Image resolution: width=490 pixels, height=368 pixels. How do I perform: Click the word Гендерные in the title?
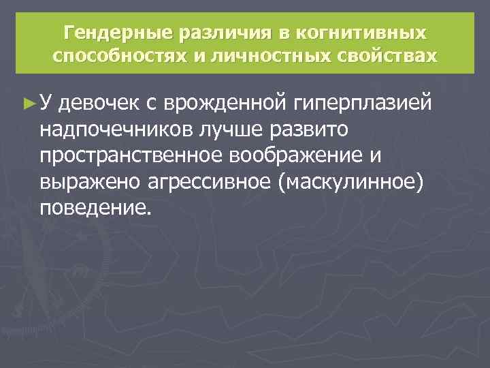pos(116,33)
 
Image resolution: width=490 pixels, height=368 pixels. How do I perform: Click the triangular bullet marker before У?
pos(27,102)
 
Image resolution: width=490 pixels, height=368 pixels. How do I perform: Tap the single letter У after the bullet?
pos(45,102)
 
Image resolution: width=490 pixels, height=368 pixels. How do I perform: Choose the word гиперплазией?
pos(363,102)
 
